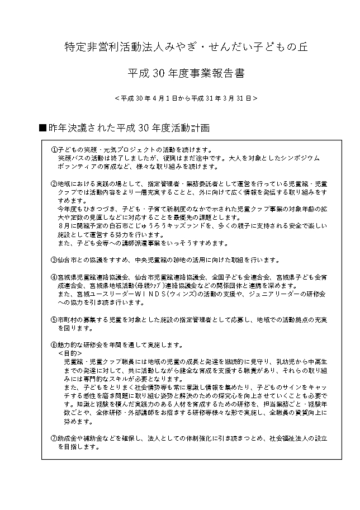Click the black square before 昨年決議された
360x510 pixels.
coord(42,128)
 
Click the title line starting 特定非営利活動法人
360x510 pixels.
coord(185,48)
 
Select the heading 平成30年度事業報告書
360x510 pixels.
coord(185,73)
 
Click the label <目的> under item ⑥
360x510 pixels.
coord(70,353)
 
